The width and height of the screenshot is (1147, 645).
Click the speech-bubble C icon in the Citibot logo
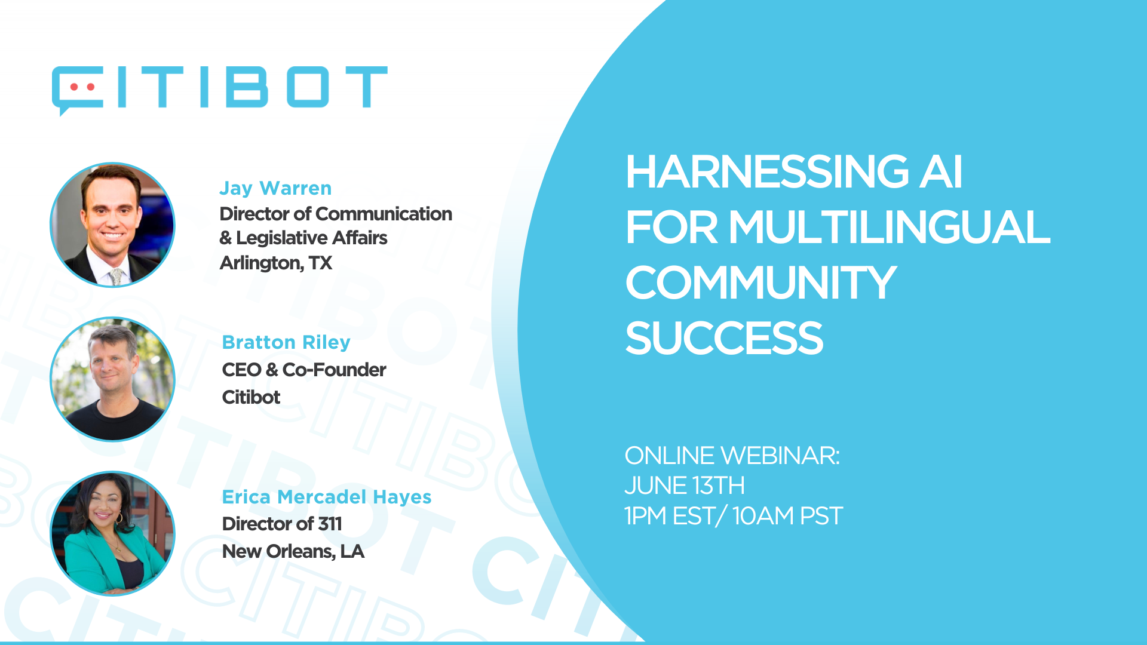click(x=78, y=88)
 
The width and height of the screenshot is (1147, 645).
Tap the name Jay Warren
click(x=275, y=188)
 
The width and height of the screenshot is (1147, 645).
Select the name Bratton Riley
click(x=286, y=342)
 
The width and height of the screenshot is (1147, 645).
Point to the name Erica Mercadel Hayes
click(x=326, y=497)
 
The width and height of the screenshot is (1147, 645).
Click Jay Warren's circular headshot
click(x=113, y=225)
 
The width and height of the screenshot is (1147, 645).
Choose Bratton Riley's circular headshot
click(x=113, y=379)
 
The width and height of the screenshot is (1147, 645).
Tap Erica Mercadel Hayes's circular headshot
click(x=113, y=534)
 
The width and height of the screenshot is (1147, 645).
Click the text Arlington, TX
click(x=275, y=263)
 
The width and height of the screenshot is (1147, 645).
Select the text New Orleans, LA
click(x=293, y=551)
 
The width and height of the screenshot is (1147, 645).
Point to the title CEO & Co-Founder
click(x=303, y=370)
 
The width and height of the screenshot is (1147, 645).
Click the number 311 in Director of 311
click(x=330, y=524)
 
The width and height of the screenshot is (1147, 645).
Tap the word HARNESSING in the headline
click(x=767, y=172)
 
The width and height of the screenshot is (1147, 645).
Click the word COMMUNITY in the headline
click(x=760, y=283)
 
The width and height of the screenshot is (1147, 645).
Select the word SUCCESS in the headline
click(x=724, y=339)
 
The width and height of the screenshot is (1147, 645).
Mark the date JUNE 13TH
click(x=685, y=486)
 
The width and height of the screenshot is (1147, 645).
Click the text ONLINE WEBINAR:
click(x=732, y=456)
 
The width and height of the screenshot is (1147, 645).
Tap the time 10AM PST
click(x=787, y=516)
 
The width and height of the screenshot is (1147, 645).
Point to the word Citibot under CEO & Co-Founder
click(x=251, y=397)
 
